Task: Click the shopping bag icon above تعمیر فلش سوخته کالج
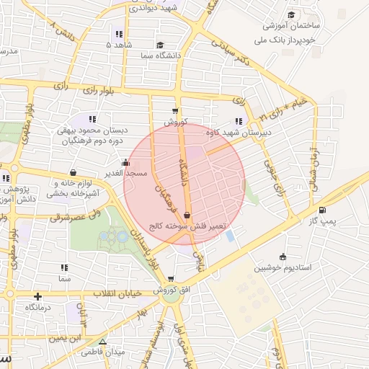[187, 214]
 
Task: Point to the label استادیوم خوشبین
[282, 267]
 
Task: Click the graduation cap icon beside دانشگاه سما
[159, 44]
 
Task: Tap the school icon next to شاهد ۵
[118, 34]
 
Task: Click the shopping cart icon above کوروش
[175, 111]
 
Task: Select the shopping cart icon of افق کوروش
[171, 279]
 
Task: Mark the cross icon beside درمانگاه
[37, 296]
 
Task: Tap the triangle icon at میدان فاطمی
[102, 342]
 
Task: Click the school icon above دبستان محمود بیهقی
[92, 119]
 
